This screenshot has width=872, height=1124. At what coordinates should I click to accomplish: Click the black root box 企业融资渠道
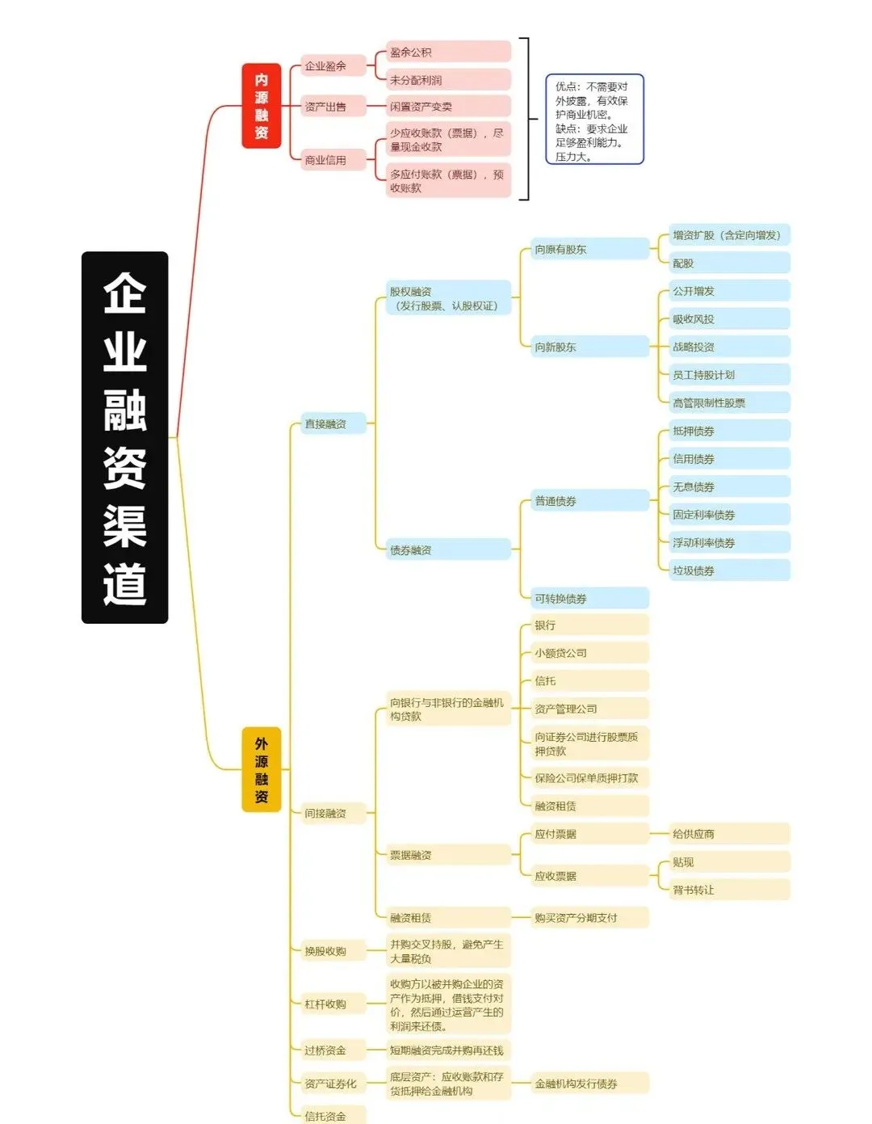(x=124, y=437)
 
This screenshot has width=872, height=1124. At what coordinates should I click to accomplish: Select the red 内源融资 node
(x=261, y=106)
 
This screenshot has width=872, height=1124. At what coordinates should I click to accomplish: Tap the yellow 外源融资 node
(x=261, y=769)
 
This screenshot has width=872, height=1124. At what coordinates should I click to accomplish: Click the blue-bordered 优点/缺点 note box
(x=594, y=120)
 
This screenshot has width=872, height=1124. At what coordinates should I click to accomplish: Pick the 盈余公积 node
(x=447, y=53)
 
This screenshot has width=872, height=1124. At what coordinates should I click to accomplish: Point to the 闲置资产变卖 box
(x=447, y=107)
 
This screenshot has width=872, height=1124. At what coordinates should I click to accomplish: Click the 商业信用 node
(x=333, y=160)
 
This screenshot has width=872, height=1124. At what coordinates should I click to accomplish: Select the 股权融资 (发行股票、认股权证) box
(x=447, y=298)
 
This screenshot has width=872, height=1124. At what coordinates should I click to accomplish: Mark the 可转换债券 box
(x=589, y=599)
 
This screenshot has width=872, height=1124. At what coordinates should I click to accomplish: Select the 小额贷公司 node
(x=589, y=653)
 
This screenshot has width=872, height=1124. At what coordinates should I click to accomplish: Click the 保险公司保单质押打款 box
(x=589, y=778)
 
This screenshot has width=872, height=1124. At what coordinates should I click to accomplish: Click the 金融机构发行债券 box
(x=589, y=1084)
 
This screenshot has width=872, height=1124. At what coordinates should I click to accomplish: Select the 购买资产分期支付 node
(x=589, y=918)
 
